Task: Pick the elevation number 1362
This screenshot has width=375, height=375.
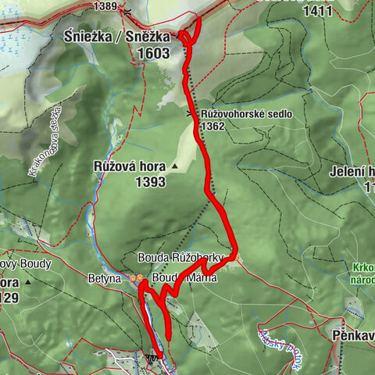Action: (x=214, y=126)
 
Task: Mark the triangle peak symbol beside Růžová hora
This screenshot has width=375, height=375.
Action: (x=176, y=166)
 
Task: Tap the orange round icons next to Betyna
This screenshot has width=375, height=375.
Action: (x=136, y=277)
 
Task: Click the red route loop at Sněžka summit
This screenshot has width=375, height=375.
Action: (x=190, y=31)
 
